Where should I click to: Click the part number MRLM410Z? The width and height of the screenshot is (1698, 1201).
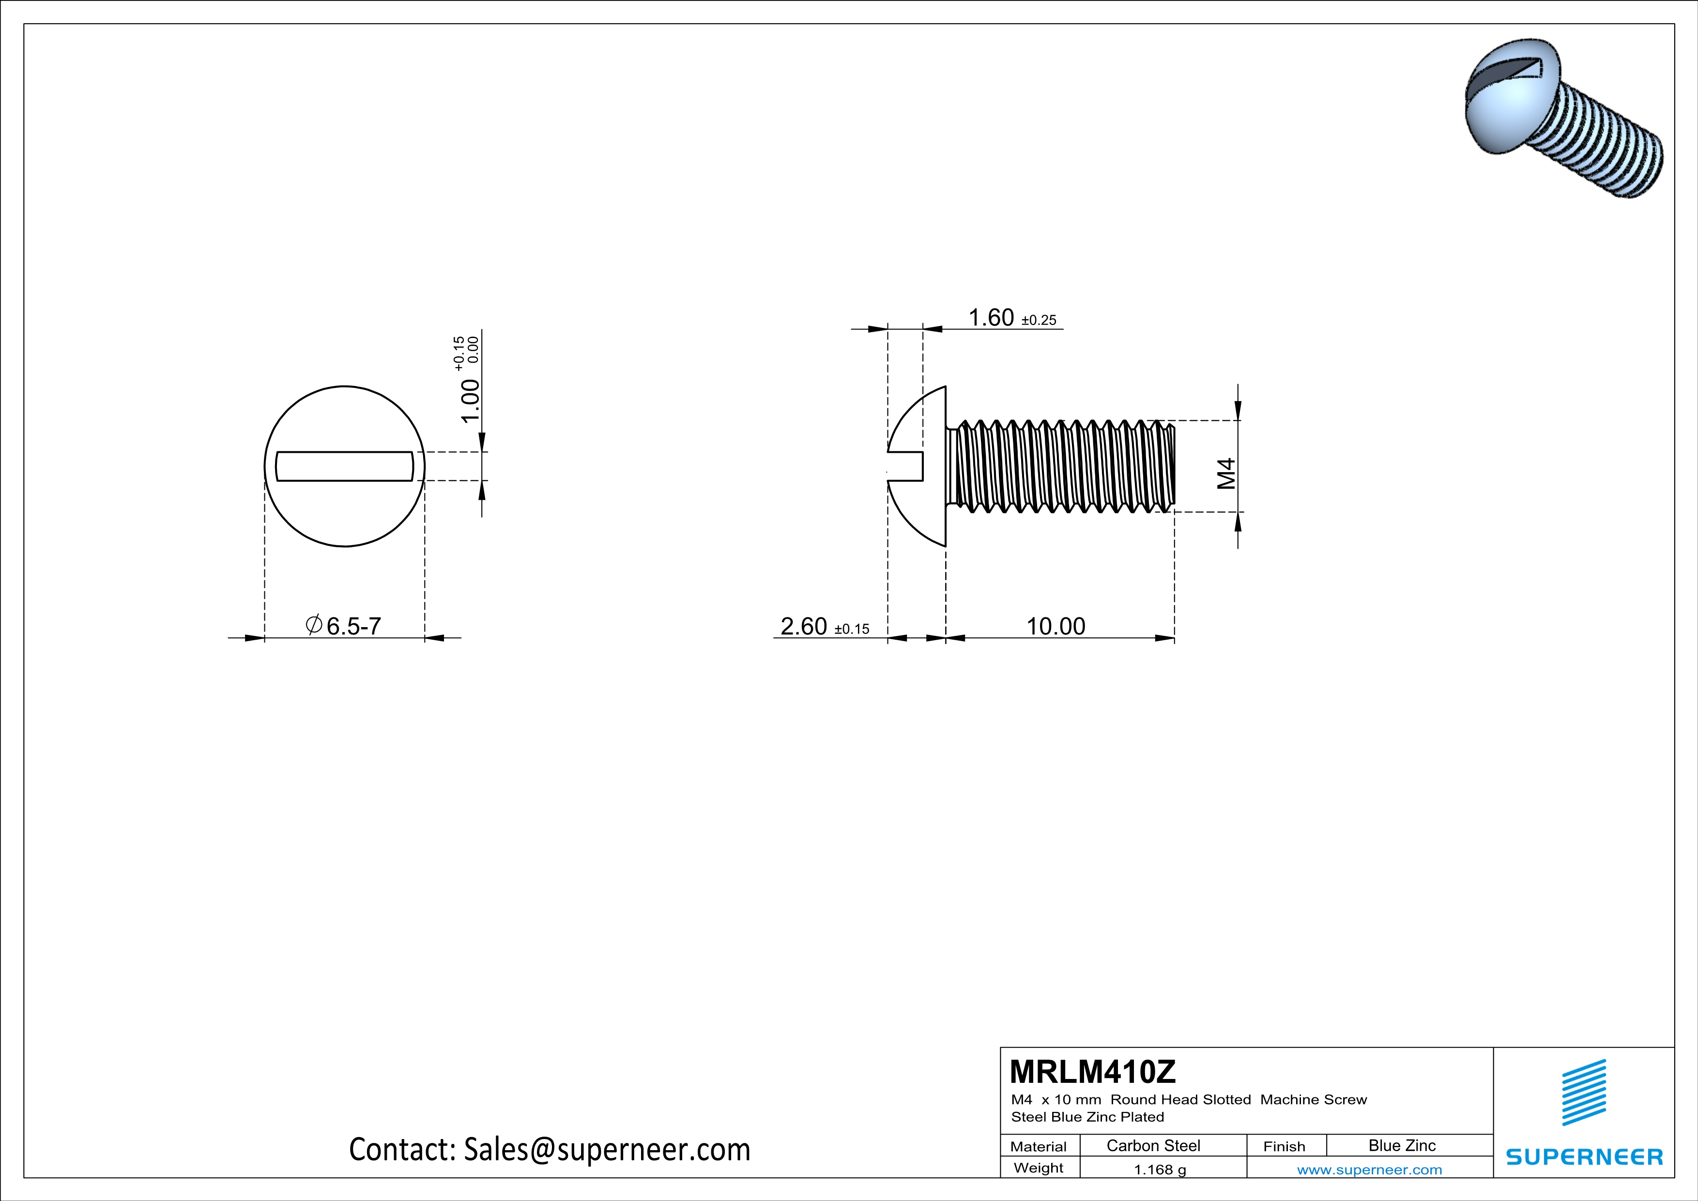(x=1092, y=1072)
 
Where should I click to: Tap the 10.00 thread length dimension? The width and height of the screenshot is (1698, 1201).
(x=1056, y=626)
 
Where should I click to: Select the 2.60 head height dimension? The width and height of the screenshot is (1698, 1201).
(x=804, y=626)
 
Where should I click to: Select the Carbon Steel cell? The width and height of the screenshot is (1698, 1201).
(x=1153, y=1145)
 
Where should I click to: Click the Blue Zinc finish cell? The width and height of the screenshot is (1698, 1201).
(x=1401, y=1145)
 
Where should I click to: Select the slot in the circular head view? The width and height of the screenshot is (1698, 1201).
(x=345, y=466)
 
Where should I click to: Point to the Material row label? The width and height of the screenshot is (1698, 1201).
(x=1039, y=1146)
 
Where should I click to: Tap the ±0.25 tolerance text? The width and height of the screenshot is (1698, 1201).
(x=1039, y=320)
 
